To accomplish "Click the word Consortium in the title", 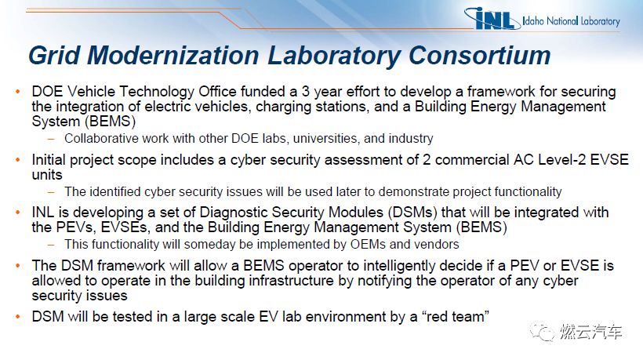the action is (479, 56).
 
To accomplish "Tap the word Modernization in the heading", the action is (173, 56).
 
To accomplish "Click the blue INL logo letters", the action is (494, 20).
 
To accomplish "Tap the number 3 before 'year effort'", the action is (306, 92).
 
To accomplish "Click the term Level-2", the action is (561, 159).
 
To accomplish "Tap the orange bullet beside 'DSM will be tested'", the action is (17, 317).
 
